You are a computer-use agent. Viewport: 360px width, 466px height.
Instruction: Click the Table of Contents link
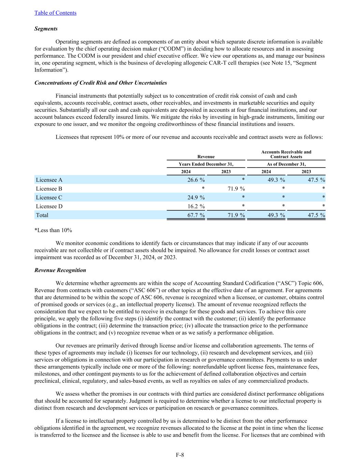(55, 13)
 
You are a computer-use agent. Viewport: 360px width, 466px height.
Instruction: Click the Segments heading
(46, 29)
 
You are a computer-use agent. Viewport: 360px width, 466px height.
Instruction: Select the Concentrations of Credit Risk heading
(101, 83)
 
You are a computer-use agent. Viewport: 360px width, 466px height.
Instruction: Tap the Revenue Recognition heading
(60, 270)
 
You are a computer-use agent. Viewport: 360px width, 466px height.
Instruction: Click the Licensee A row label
(49, 180)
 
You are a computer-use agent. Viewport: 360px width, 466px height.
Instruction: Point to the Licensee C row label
(49, 197)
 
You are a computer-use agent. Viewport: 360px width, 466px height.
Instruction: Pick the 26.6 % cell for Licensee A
(193, 180)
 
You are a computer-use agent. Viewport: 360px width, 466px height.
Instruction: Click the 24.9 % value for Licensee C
(193, 197)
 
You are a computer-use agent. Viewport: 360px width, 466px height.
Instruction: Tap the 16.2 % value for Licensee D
(193, 206)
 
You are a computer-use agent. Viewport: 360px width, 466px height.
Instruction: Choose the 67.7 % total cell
(193, 215)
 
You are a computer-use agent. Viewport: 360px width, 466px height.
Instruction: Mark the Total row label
(42, 215)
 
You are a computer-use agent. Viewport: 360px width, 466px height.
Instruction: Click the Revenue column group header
(206, 157)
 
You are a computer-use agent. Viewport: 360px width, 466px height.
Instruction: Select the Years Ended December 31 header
(206, 164)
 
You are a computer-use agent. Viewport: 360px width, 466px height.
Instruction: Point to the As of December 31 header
(286, 164)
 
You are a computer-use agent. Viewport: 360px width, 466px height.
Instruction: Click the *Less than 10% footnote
(53, 230)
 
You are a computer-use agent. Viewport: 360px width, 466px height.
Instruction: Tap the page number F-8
(180, 455)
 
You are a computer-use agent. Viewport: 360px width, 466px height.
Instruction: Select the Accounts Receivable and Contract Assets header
(286, 154)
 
